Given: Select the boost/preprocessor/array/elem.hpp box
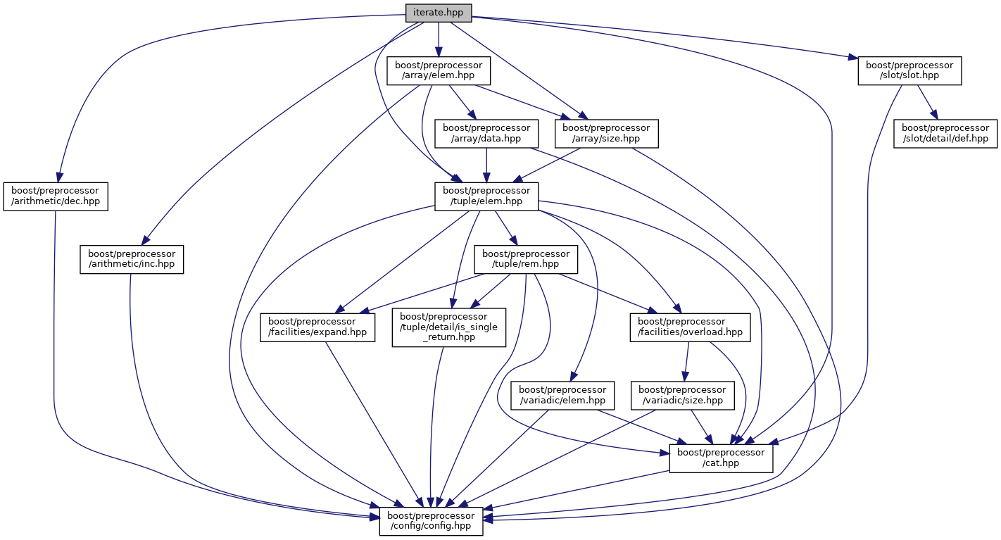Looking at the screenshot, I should coord(438,71).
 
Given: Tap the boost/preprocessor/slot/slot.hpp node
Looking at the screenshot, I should coord(909,71).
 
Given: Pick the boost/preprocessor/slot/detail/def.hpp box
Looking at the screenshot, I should coord(945,133).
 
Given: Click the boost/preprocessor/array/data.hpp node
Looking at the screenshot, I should coord(486,133).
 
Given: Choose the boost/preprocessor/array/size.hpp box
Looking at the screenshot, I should coord(606,133).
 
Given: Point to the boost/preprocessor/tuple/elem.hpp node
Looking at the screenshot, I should coord(486,196).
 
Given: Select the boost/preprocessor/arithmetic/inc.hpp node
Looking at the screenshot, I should coord(132,259).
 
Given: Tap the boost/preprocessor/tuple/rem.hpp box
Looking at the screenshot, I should coord(526,259).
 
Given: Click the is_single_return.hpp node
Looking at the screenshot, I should coord(449,327).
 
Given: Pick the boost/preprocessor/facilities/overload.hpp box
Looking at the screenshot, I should coord(686,327).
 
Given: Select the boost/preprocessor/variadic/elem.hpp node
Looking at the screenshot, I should coord(563,394).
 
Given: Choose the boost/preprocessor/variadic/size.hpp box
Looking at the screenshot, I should coord(682,394).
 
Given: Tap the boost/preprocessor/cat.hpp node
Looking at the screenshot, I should coord(721,458).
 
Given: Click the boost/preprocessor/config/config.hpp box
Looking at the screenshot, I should coord(431,520).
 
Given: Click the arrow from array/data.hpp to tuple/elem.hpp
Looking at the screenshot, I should coord(486,165).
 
